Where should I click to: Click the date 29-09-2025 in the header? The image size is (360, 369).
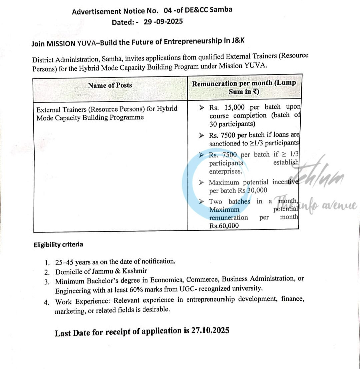(163, 22)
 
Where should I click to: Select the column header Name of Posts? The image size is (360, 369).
(110, 85)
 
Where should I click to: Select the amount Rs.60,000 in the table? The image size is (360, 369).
(224, 226)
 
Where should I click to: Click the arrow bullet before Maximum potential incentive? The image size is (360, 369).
(201, 182)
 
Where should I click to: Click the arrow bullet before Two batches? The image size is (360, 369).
(201, 201)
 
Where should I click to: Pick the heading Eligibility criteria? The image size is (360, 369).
(58, 245)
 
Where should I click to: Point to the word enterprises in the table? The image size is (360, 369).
(226, 171)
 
